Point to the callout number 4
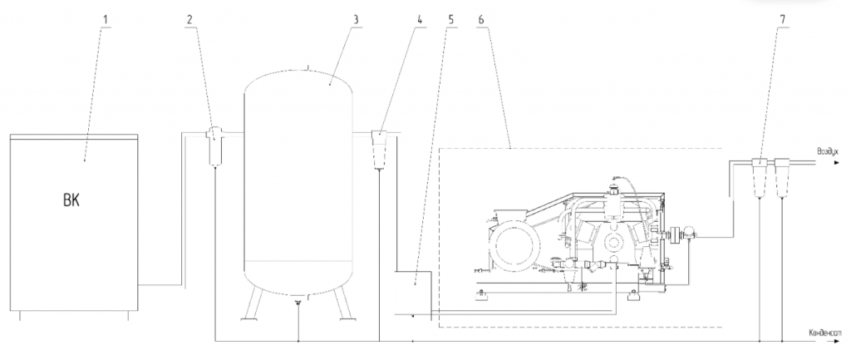[x=420, y=19]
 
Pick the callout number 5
[x=452, y=19]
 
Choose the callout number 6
[x=482, y=19]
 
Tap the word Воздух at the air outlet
[x=828, y=152]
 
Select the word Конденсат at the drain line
[x=824, y=333]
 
